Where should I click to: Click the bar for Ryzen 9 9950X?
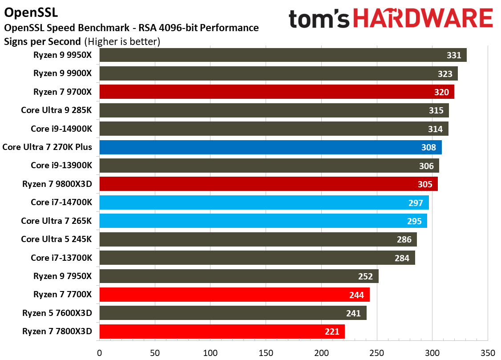tap(283, 55)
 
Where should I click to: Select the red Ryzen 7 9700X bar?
tap(277, 92)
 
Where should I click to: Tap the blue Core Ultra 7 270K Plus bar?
tap(271, 147)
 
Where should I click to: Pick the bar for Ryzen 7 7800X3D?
tap(222, 332)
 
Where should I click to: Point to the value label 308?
tap(428, 147)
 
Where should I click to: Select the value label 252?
tap(365, 276)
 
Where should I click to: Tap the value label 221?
tap(331, 332)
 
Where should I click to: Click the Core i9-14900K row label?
tap(61, 129)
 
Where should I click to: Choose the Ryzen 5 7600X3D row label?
tap(57, 313)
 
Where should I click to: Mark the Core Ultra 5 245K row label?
tap(57, 239)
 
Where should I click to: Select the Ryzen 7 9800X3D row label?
tap(57, 184)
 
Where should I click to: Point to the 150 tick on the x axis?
tap(266, 353)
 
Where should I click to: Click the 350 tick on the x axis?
tap(488, 353)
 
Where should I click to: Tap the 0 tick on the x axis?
tap(100, 353)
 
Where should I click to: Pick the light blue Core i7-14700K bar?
tap(264, 202)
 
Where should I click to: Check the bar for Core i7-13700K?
tap(257, 258)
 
